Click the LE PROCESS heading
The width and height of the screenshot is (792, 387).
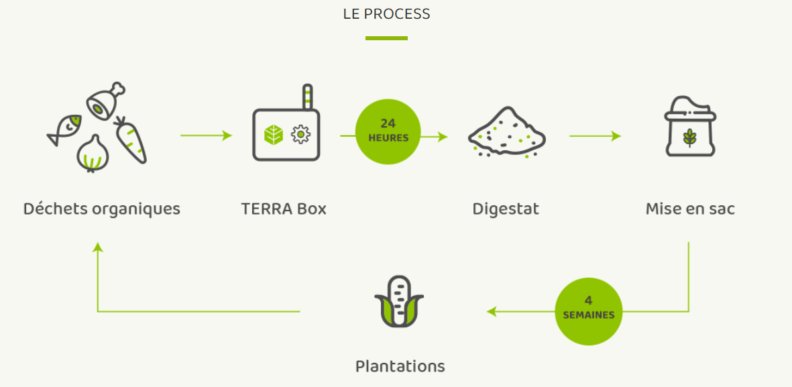click(386, 13)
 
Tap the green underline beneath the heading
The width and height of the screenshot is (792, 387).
click(386, 38)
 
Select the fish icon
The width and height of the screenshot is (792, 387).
click(65, 129)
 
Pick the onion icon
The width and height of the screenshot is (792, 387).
click(93, 154)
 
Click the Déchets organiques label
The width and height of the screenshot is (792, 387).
click(102, 209)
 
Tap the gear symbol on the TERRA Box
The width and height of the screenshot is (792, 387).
click(300, 135)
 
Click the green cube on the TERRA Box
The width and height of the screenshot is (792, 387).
click(273, 135)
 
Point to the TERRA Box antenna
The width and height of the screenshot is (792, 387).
click(307, 97)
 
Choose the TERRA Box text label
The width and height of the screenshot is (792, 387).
click(284, 209)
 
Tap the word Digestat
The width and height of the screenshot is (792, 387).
click(506, 209)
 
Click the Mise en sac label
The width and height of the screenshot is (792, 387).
click(690, 209)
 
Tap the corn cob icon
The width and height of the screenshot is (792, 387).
click(399, 301)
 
